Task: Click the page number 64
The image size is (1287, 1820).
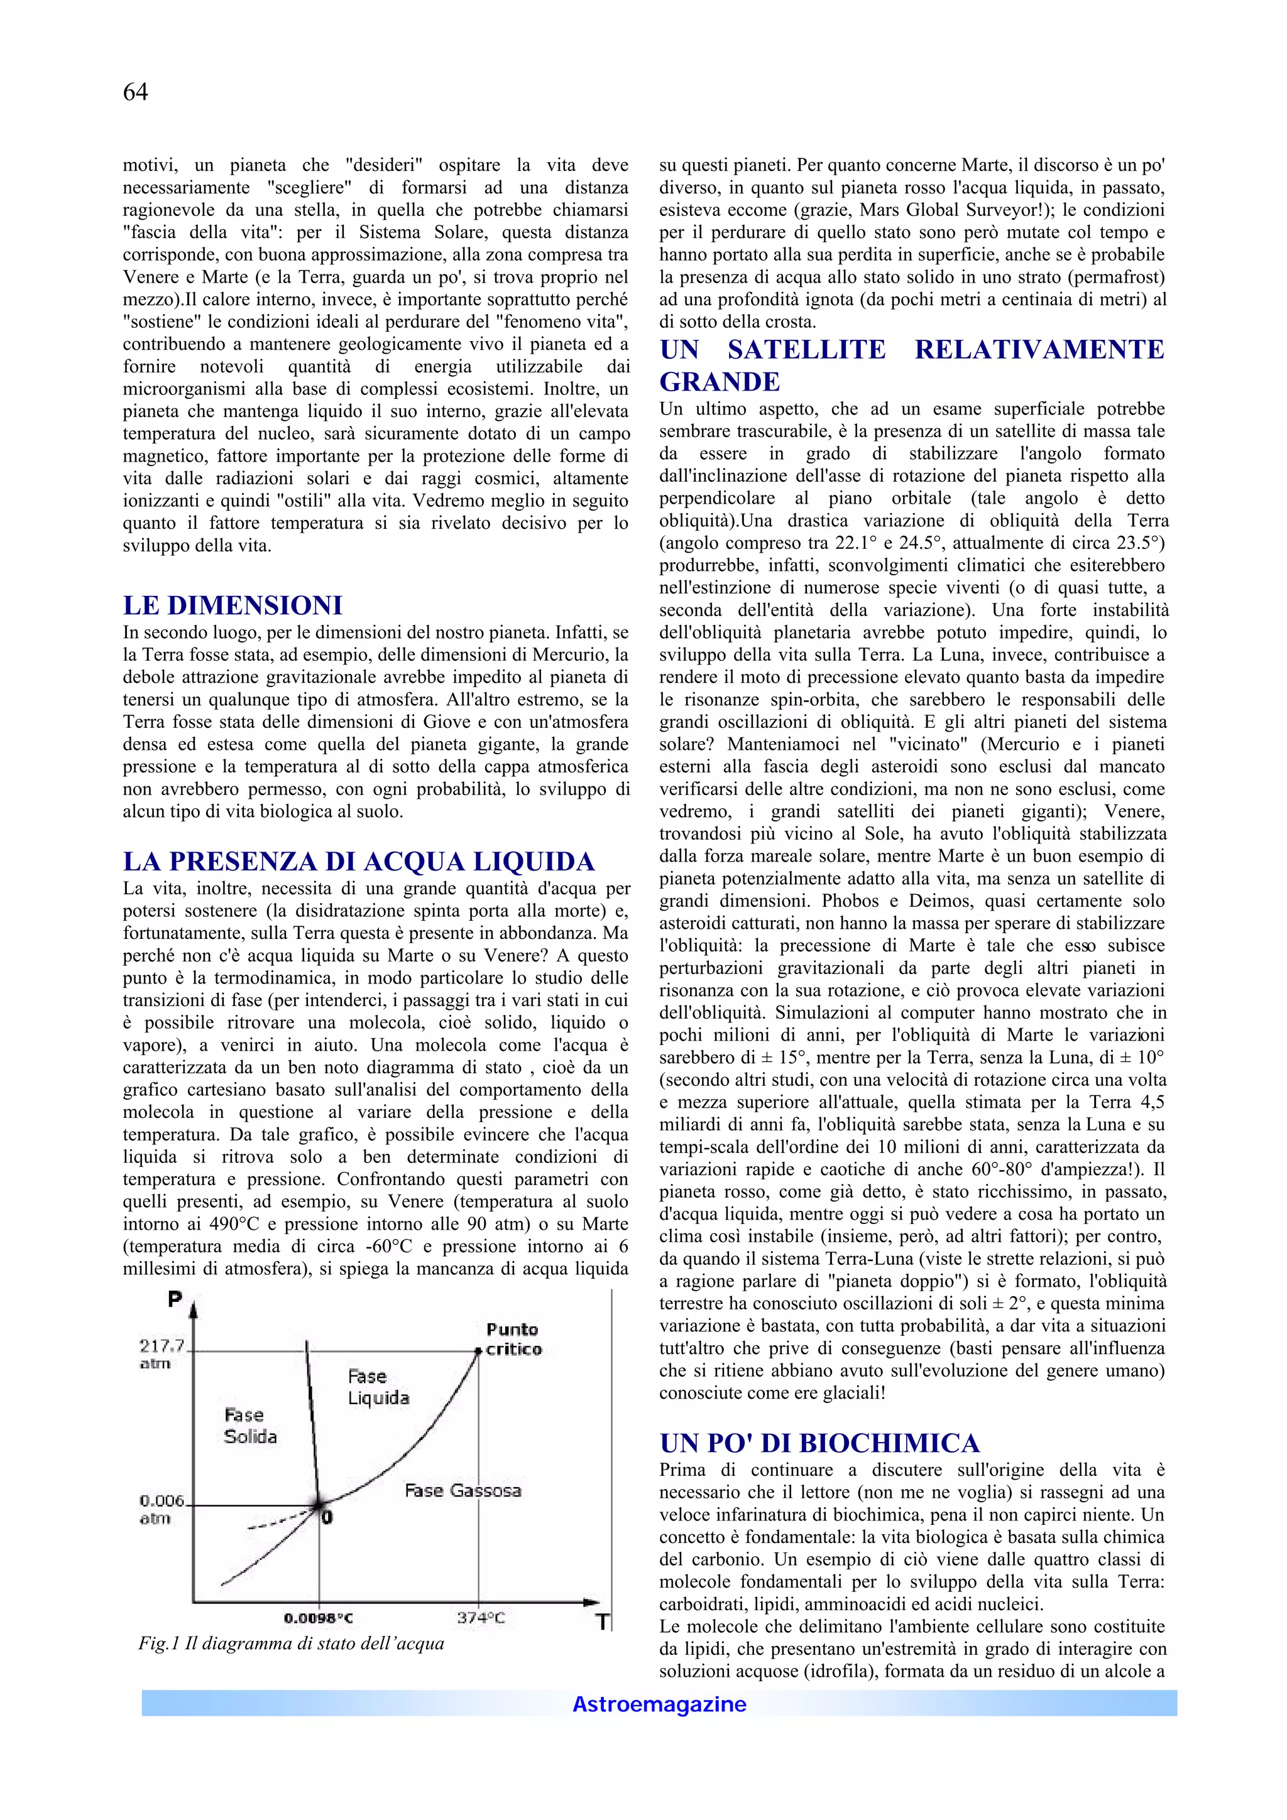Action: pos(135,93)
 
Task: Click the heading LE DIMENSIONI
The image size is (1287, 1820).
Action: pos(233,605)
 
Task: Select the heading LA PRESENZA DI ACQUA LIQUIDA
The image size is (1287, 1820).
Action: pos(358,862)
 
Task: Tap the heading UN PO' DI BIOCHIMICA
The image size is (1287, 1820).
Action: pos(819,1443)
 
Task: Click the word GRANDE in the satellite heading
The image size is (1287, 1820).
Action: pos(720,382)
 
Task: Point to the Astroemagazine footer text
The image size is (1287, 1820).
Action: pos(659,1704)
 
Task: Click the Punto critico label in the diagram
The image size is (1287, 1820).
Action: pos(513,1340)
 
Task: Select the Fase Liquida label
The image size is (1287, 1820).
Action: pos(378,1387)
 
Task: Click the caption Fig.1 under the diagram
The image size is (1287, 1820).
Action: pos(291,1644)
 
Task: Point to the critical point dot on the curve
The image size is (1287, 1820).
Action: pos(478,1351)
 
